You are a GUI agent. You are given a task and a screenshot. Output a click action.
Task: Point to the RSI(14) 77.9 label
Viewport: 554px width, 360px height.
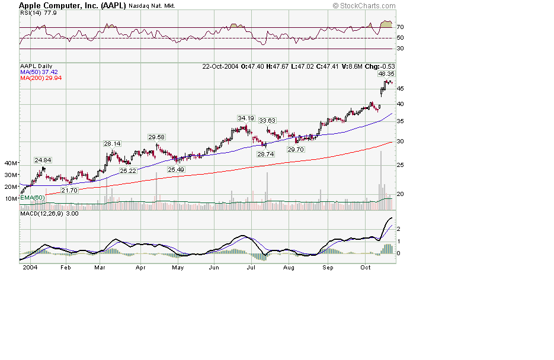point(34,12)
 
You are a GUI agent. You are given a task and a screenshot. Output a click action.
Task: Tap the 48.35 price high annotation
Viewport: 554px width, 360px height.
point(386,74)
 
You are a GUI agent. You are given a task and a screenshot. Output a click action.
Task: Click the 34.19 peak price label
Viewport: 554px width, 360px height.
point(246,118)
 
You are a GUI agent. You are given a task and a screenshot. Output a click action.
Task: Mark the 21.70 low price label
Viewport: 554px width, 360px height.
point(70,190)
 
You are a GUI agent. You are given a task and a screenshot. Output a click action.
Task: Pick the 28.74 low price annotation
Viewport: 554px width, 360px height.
point(264,154)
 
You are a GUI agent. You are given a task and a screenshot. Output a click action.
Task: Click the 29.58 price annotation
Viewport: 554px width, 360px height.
point(156,137)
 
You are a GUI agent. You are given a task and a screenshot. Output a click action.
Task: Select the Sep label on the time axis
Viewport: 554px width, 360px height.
point(328,268)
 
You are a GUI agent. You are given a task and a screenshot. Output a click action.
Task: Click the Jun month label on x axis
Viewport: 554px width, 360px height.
point(214,268)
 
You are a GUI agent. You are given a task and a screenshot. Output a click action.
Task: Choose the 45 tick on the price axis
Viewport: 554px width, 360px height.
point(401,89)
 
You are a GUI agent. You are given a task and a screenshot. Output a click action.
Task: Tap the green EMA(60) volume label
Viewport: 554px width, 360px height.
point(32,198)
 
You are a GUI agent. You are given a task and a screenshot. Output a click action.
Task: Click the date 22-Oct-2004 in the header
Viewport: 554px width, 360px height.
point(220,66)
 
